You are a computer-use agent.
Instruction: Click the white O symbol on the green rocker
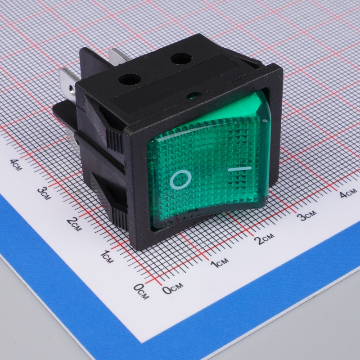click(181, 179)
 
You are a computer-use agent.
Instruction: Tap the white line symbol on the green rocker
click(240, 169)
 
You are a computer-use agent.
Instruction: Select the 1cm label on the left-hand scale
click(107, 256)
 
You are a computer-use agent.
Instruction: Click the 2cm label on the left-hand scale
click(74, 224)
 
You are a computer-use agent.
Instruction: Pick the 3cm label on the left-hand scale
click(44, 193)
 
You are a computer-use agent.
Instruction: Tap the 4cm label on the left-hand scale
click(16, 164)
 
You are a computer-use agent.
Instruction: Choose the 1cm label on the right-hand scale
click(220, 263)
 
